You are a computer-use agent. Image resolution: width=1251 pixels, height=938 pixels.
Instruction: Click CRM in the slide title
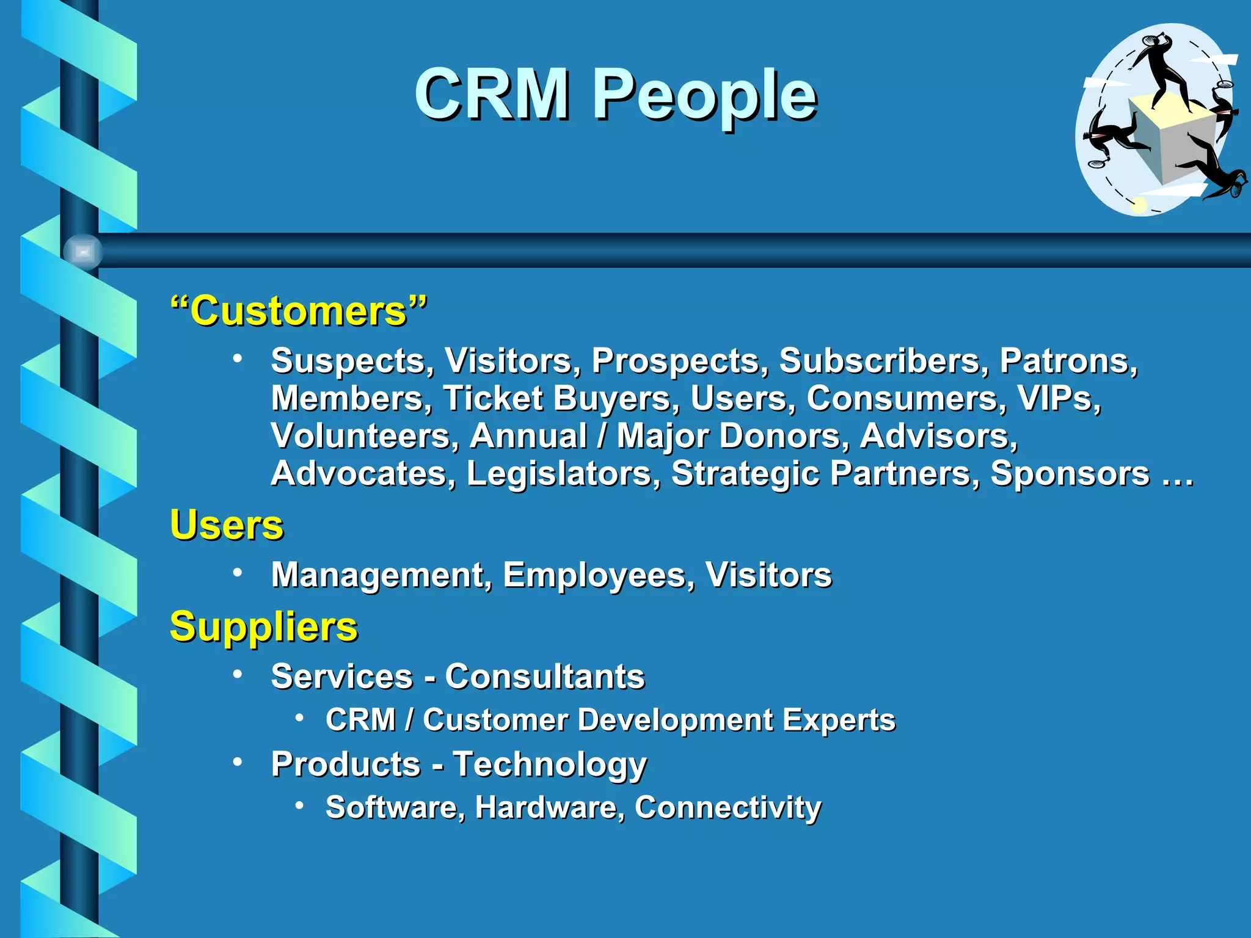click(492, 95)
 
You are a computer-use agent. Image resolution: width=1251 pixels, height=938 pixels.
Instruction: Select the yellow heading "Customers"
click(299, 311)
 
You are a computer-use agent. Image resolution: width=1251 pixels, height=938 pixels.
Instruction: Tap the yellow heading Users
click(227, 525)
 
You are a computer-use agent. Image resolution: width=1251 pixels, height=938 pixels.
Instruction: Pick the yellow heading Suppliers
click(264, 627)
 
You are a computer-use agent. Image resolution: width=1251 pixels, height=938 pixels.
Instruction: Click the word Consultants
click(544, 677)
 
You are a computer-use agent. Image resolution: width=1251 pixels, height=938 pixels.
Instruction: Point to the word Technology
click(549, 765)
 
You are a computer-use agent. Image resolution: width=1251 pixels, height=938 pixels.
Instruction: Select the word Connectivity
click(728, 807)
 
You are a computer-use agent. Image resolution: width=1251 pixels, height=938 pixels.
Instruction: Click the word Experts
click(839, 719)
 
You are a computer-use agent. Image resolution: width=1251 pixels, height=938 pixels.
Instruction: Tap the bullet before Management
click(238, 572)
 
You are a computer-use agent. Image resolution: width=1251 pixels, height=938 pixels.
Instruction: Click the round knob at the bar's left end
click(83, 251)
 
